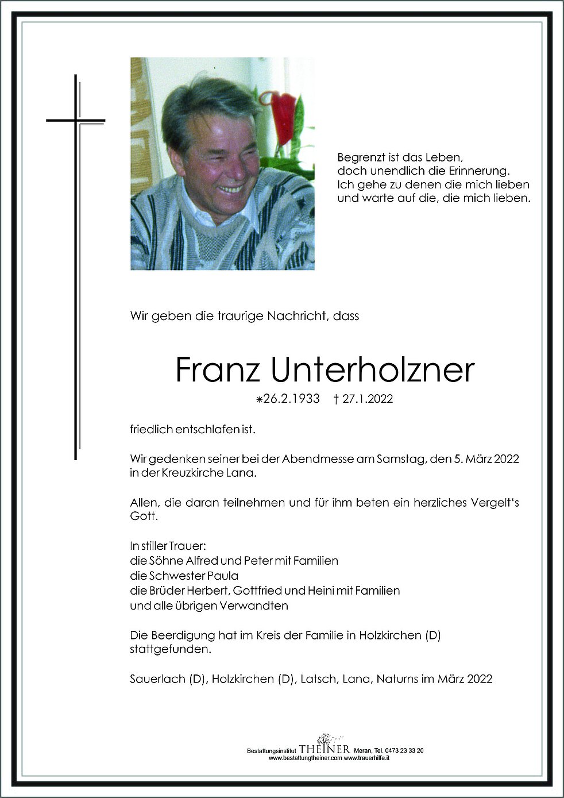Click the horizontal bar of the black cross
point(76,121)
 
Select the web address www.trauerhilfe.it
point(367,758)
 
